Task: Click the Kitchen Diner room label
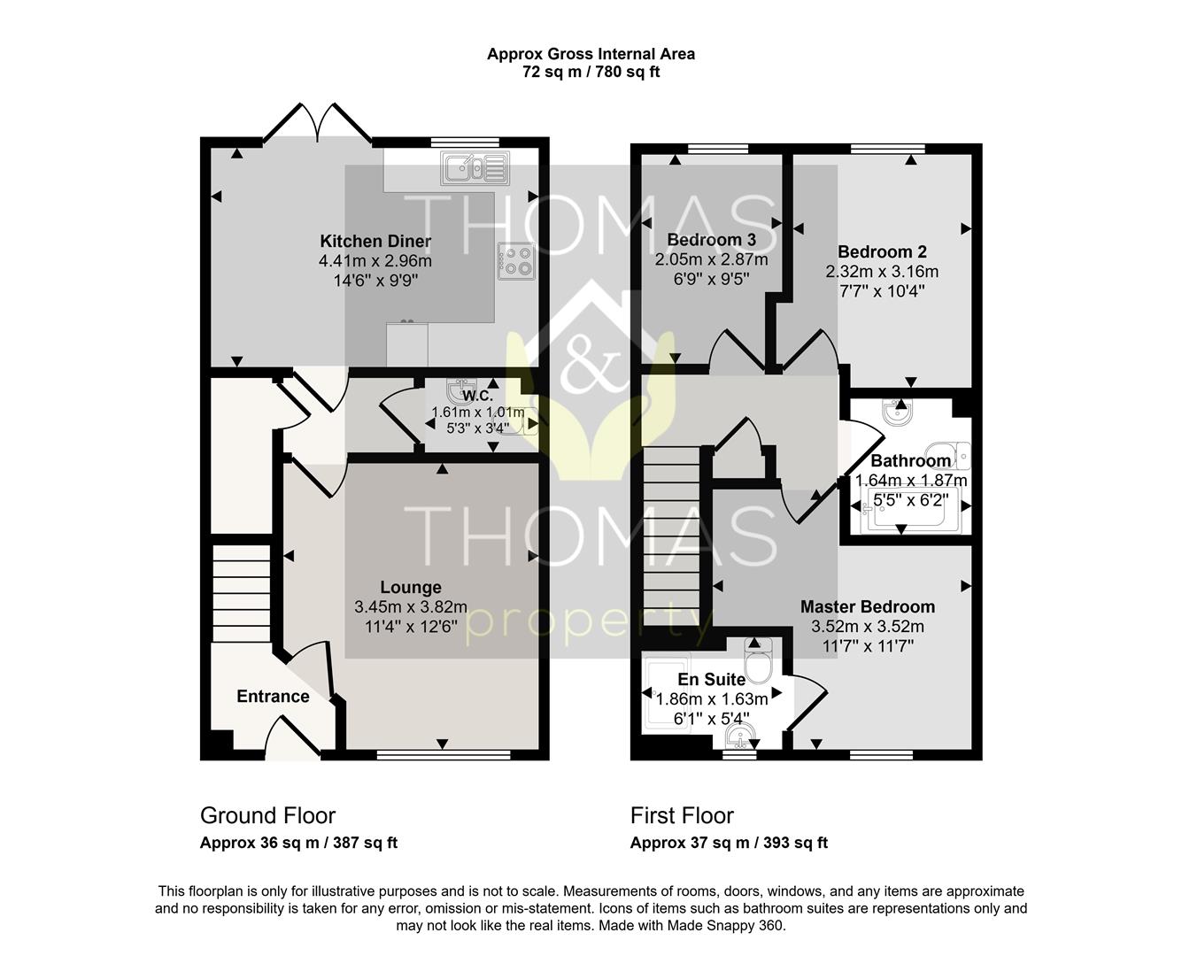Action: coord(375,242)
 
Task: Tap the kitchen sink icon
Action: coord(475,168)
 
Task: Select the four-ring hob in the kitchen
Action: coord(516,261)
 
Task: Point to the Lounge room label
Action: coord(411,587)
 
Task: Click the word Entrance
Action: coord(273,697)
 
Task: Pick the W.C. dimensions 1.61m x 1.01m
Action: coord(478,412)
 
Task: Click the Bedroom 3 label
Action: coord(712,240)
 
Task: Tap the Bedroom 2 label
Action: coord(882,252)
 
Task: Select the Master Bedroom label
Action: coord(868,607)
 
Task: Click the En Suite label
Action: coord(712,680)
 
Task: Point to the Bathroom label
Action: coord(911,460)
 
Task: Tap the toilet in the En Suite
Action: coord(758,659)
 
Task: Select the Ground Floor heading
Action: coord(267,815)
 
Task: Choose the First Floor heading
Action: coord(682,815)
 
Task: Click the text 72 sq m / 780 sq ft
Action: coord(591,72)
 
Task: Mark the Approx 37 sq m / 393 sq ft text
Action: coord(729,843)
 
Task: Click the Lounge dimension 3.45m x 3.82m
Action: coord(411,607)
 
